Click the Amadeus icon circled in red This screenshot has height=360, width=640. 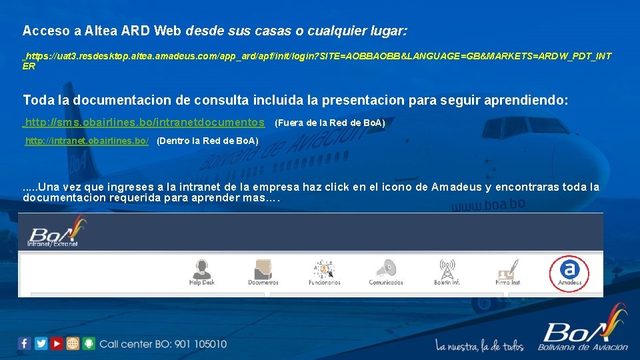tap(569, 270)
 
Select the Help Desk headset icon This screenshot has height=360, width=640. tap(201, 269)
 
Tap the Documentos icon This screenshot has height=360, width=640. tap(263, 269)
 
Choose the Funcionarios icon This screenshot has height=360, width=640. tap(324, 269)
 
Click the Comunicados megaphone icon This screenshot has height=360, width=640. tap(386, 269)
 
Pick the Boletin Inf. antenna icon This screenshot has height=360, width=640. tap(447, 269)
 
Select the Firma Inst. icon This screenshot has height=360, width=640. tap(507, 269)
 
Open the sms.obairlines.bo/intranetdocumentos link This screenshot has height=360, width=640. tap(144, 123)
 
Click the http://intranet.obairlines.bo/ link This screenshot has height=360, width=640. tap(87, 141)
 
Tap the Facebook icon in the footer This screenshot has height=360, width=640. tap(25, 343)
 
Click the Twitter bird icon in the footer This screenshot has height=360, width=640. tap(41, 343)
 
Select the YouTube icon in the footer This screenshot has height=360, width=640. tap(57, 343)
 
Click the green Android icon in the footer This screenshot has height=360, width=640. tap(89, 343)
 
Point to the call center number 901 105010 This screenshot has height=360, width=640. tap(200, 344)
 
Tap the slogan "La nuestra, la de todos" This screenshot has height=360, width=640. tap(480, 345)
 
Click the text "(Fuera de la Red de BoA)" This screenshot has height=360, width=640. tap(330, 123)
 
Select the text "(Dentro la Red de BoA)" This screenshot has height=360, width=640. tap(207, 141)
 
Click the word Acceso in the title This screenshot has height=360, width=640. tap(41, 31)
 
